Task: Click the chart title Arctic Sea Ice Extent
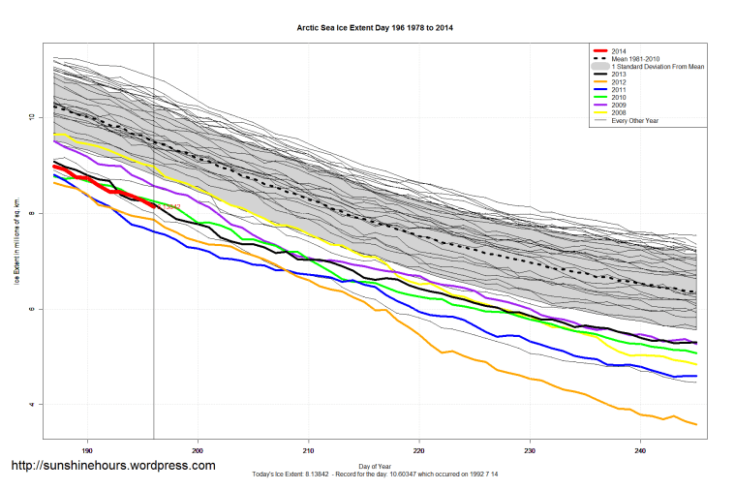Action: (374, 28)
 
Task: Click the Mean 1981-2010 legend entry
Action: (635, 58)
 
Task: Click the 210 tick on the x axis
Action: (308, 450)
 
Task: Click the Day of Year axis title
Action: (375, 465)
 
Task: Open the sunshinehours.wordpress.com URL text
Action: (112, 466)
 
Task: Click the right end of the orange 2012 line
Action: (696, 424)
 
